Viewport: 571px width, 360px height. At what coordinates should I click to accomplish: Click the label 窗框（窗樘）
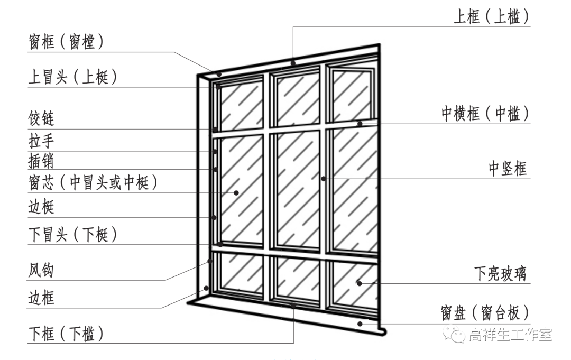(x=66, y=42)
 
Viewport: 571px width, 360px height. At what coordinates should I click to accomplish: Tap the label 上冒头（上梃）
(x=72, y=77)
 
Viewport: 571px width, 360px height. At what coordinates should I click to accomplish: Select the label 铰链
(x=41, y=118)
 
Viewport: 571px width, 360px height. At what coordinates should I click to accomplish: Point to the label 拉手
(x=41, y=141)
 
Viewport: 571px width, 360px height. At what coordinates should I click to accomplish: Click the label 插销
(x=41, y=161)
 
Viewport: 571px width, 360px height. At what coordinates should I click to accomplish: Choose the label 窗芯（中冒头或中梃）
(x=93, y=183)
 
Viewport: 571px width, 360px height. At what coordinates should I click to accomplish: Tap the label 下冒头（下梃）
(x=72, y=234)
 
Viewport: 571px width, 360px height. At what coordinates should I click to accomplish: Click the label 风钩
(x=41, y=271)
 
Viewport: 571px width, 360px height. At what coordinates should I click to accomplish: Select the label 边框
(x=41, y=299)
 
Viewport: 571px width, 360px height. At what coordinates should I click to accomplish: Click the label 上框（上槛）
(x=491, y=17)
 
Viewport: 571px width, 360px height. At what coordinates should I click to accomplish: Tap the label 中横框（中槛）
(x=485, y=114)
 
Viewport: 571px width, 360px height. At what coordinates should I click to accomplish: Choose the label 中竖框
(x=508, y=169)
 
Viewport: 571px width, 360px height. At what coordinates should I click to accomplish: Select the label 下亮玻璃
(x=500, y=274)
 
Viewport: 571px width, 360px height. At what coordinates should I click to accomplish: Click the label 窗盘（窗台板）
(x=485, y=312)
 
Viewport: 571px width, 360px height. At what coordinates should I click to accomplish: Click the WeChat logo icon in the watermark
(x=455, y=334)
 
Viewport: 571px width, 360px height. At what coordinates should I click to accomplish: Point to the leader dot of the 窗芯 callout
(x=236, y=192)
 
